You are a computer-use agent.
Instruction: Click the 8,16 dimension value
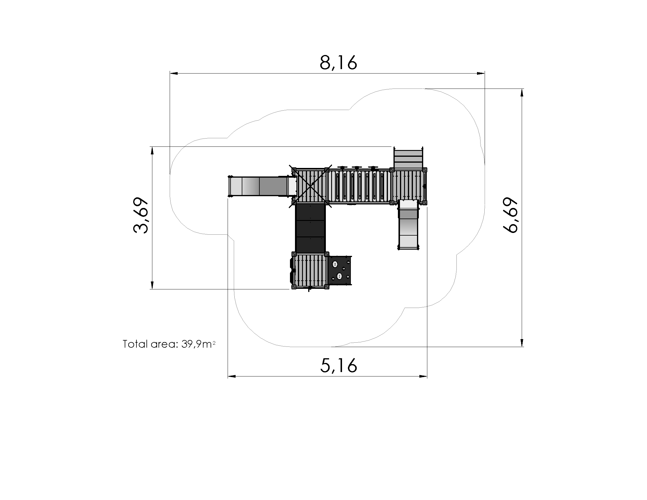338,63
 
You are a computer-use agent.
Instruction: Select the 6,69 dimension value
510,215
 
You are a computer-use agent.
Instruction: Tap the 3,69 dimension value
141,215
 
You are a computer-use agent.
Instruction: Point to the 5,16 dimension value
338,366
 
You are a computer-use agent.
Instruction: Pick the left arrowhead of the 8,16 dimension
174,73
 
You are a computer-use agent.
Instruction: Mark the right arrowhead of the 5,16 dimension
423,376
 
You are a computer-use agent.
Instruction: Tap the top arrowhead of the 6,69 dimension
522,93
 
